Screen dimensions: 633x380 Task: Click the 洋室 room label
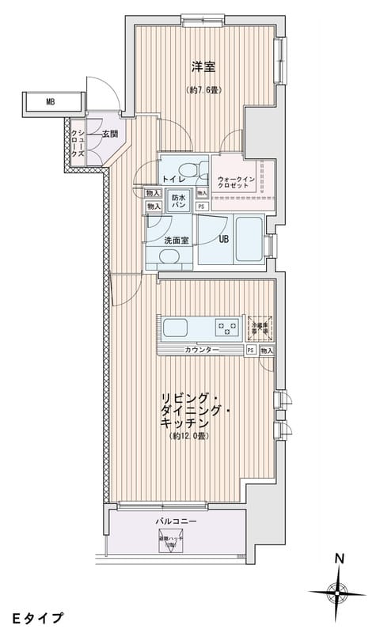click(x=204, y=67)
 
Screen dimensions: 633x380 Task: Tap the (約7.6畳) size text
click(x=204, y=89)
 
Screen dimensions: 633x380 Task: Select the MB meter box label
click(x=50, y=102)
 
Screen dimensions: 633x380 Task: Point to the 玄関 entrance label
click(x=110, y=135)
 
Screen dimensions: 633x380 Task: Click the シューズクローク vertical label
click(x=80, y=146)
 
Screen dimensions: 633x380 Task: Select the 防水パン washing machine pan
click(x=178, y=201)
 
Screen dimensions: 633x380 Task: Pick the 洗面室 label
click(x=175, y=241)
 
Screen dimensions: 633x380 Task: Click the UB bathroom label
click(x=224, y=240)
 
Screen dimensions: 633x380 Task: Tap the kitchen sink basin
click(x=174, y=328)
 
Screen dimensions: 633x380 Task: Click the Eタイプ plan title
click(x=37, y=616)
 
